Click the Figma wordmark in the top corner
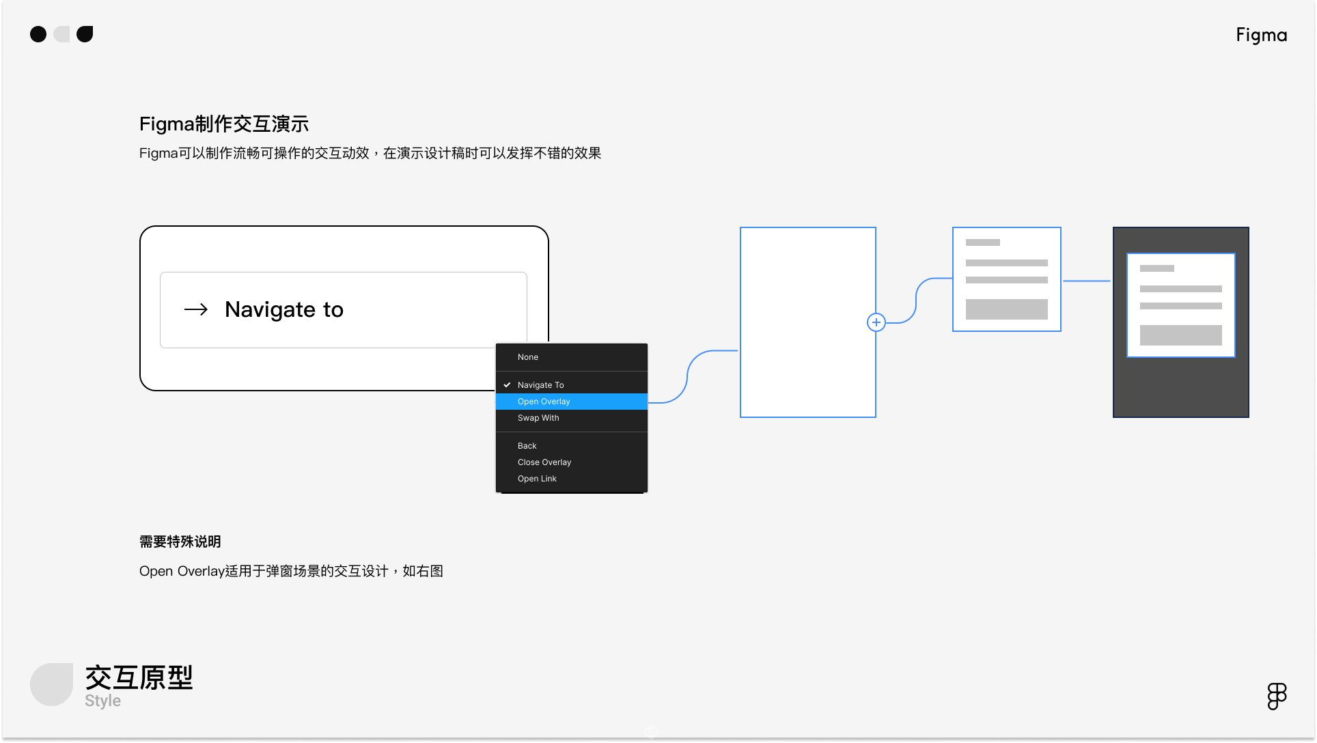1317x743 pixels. pos(1261,36)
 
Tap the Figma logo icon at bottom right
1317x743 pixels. pos(1277,697)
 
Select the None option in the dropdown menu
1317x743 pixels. pos(528,357)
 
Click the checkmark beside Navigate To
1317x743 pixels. pos(507,385)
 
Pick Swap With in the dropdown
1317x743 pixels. pos(538,418)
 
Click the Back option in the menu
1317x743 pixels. pos(527,446)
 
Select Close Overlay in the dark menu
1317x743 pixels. pos(544,462)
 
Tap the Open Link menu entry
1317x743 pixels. pos(537,479)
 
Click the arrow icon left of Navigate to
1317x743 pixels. pos(196,310)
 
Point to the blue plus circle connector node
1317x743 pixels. pos(876,322)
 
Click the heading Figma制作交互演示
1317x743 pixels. pos(224,124)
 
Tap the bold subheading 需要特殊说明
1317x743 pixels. pos(180,542)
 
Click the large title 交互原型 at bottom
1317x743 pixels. pos(139,677)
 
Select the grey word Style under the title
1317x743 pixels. pos(102,701)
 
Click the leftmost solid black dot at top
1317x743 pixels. pos(38,34)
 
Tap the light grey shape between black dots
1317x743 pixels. pos(61,34)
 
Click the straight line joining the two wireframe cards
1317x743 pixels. pos(1087,281)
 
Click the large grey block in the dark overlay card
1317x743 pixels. pos(1181,335)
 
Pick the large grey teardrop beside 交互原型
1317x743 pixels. pos(51,684)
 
